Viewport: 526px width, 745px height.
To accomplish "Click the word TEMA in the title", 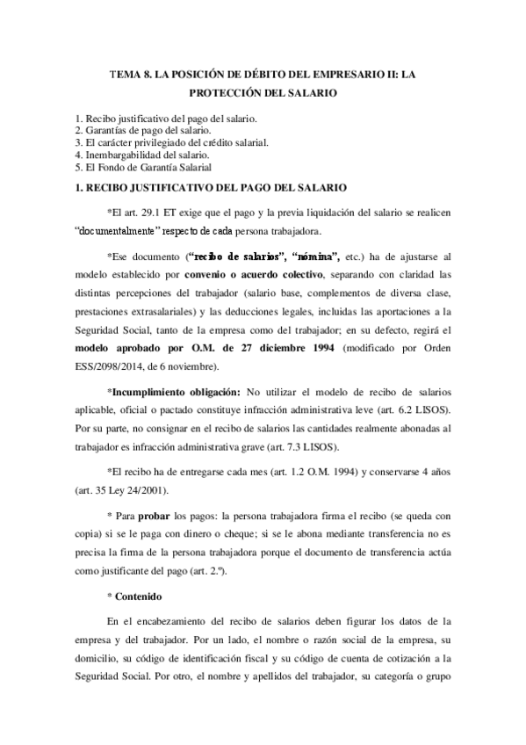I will coord(124,76).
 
